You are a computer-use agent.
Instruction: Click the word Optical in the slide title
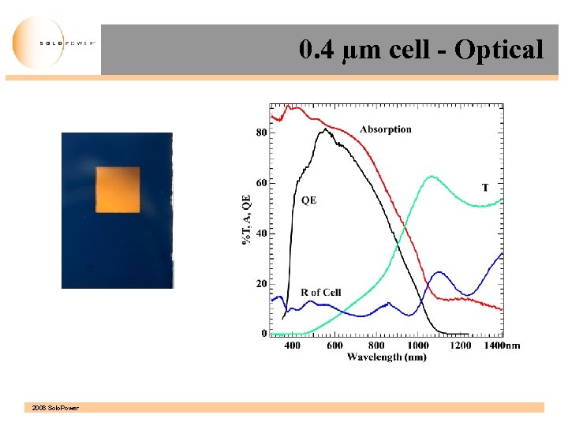pyautogui.click(x=499, y=50)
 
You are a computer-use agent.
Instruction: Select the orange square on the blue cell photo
pyautogui.click(x=118, y=190)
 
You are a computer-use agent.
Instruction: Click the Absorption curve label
pyautogui.click(x=385, y=129)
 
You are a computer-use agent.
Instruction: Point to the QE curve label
pyautogui.click(x=308, y=200)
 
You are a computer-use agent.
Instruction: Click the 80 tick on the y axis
pyautogui.click(x=260, y=133)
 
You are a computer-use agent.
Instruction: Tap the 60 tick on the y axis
pyautogui.click(x=260, y=183)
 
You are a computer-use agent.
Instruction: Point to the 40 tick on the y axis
pyautogui.click(x=260, y=234)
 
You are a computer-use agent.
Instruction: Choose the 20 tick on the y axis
pyautogui.click(x=260, y=284)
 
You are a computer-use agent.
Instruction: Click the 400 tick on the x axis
pyautogui.click(x=292, y=346)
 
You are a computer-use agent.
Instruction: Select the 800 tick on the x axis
pyautogui.click(x=377, y=346)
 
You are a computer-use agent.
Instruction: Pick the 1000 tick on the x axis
pyautogui.click(x=418, y=346)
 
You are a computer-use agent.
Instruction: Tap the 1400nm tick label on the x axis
pyautogui.click(x=502, y=346)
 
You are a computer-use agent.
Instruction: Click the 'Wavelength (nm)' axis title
pyautogui.click(x=387, y=357)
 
